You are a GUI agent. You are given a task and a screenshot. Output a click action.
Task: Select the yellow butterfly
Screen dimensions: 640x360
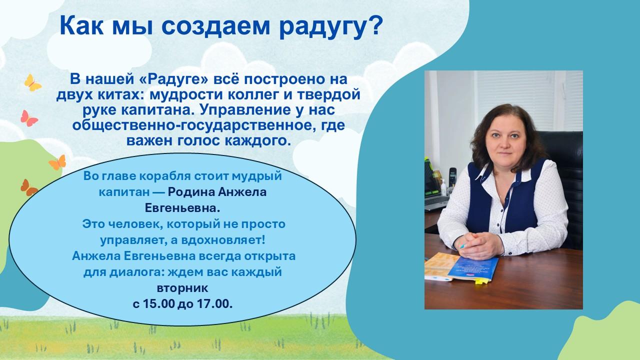32,83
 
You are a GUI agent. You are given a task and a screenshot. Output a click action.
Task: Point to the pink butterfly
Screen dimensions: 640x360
28,118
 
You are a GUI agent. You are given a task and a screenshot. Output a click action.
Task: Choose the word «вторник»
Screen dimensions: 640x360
182,288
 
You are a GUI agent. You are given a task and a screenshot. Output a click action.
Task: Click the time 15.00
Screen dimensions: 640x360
158,304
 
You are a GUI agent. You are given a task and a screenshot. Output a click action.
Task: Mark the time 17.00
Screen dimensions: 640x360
214,304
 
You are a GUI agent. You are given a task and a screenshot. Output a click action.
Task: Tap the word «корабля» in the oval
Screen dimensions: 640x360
165,176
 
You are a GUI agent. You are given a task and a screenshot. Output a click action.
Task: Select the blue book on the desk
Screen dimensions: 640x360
473,268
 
